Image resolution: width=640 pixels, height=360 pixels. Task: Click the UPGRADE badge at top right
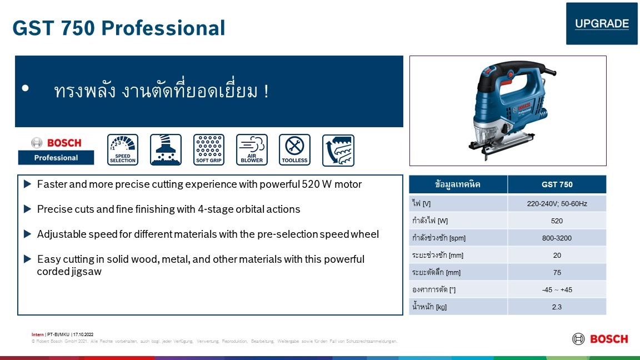[602, 24]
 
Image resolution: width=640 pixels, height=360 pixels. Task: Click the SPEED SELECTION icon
[123, 150]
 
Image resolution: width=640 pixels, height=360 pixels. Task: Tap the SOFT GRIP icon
[209, 150]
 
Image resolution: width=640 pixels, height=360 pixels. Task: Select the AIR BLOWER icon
[252, 150]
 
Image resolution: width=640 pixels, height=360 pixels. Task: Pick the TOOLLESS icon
[294, 150]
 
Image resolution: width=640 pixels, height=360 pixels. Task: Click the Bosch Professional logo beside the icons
[56, 150]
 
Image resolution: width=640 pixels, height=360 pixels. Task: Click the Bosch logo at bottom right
[600, 339]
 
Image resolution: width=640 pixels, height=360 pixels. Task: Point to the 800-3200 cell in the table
[557, 238]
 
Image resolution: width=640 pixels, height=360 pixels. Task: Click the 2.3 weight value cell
[557, 307]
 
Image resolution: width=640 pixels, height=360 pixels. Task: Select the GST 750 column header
[557, 184]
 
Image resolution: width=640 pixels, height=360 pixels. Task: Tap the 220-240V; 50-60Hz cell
[557, 204]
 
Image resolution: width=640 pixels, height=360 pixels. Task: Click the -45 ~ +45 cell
[557, 289]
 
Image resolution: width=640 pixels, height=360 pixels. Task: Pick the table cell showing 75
[557, 272]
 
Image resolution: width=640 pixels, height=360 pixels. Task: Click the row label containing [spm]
[439, 238]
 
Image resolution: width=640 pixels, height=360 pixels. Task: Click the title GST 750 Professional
[119, 28]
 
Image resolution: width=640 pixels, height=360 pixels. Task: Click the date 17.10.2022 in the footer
[83, 334]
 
